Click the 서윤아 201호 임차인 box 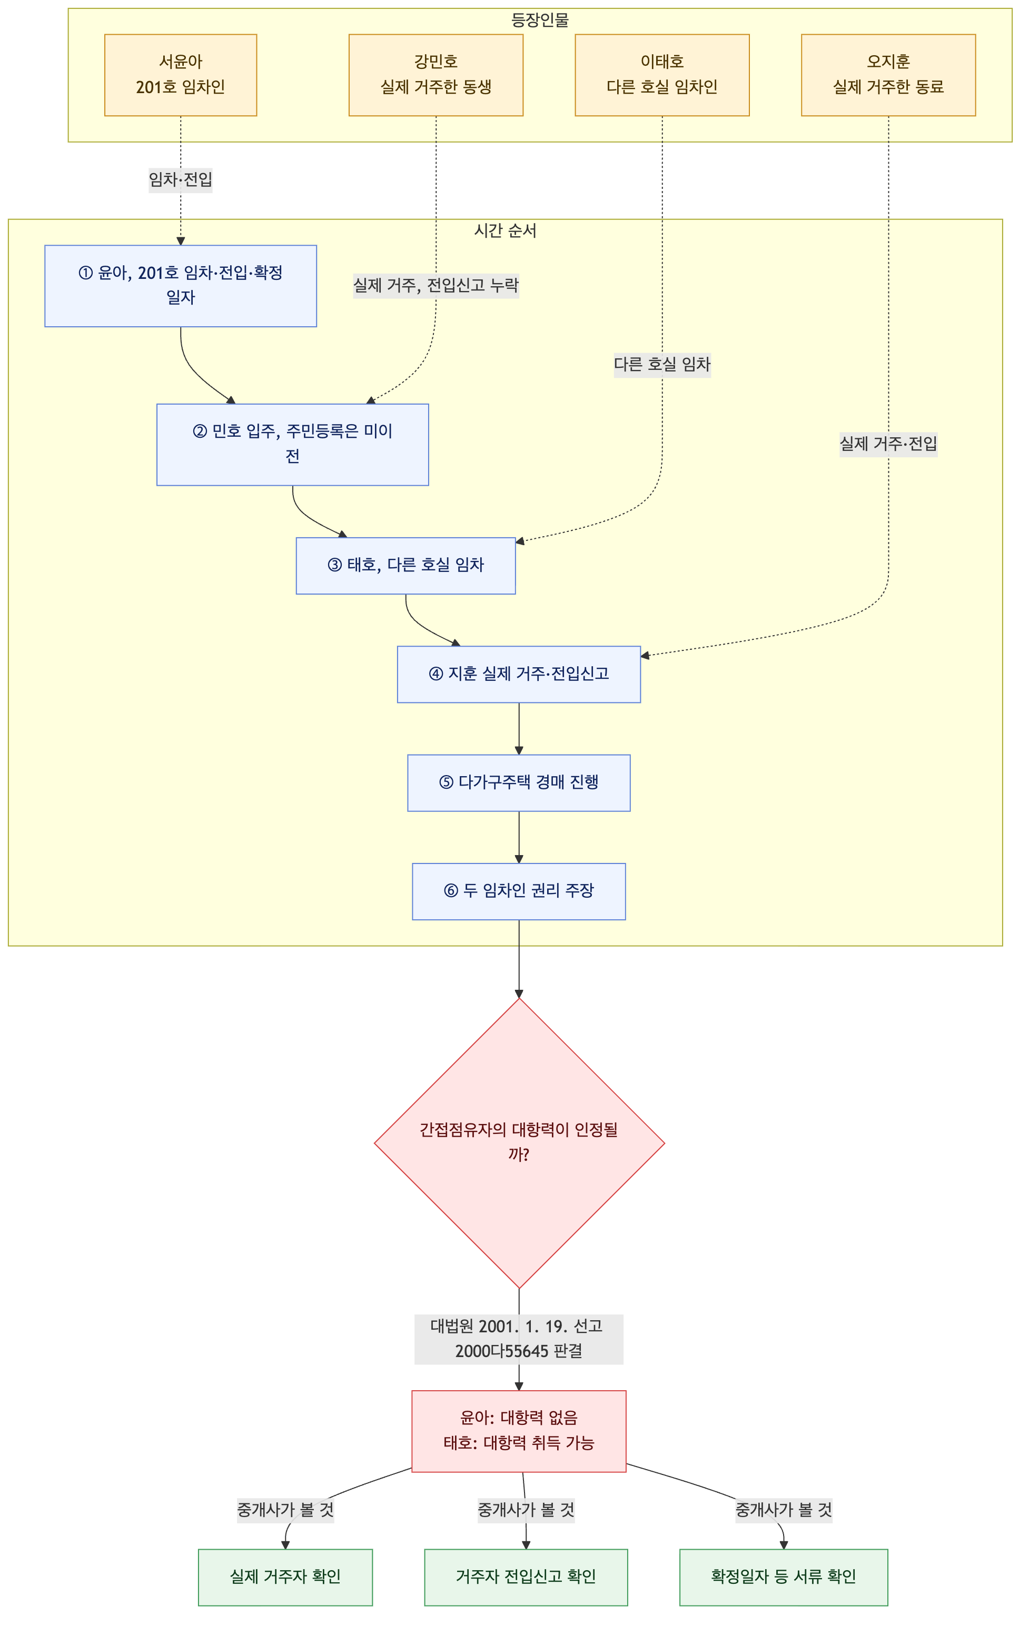pyautogui.click(x=181, y=75)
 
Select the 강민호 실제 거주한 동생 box pyautogui.click(x=436, y=75)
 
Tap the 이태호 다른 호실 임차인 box pyautogui.click(x=662, y=75)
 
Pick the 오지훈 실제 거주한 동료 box pyautogui.click(x=888, y=75)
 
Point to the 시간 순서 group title pyautogui.click(x=505, y=231)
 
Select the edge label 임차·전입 pyautogui.click(x=181, y=180)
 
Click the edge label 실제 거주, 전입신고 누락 pyautogui.click(x=436, y=285)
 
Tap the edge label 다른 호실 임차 pyautogui.click(x=662, y=364)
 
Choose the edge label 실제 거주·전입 pyautogui.click(x=888, y=444)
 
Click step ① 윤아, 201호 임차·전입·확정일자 pyautogui.click(x=181, y=286)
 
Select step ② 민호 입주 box pyautogui.click(x=293, y=445)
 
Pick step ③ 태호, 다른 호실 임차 pyautogui.click(x=405, y=566)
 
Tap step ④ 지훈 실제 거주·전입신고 pyautogui.click(x=519, y=674)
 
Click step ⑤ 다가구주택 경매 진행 pyautogui.click(x=519, y=783)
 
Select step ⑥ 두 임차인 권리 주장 pyautogui.click(x=519, y=891)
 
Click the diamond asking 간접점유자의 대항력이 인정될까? pyautogui.click(x=519, y=1143)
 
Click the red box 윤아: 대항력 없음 pyautogui.click(x=519, y=1431)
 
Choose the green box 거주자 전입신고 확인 pyautogui.click(x=526, y=1577)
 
